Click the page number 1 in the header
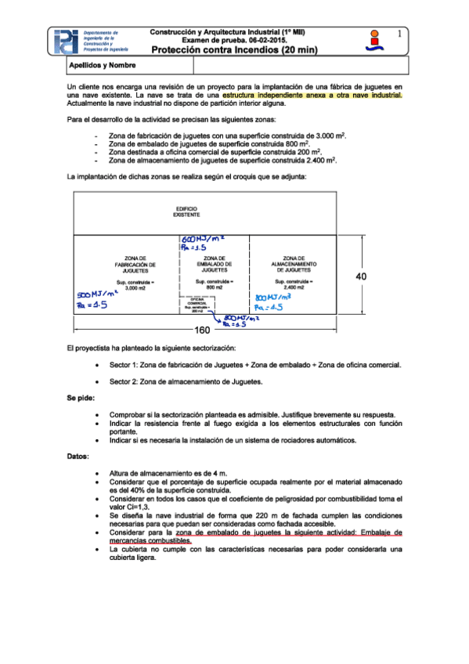pos(399,34)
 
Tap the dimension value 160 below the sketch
pos(206,330)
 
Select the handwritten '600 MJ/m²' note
pos(202,238)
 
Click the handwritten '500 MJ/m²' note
pos(97,294)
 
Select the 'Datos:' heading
pos(78,455)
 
